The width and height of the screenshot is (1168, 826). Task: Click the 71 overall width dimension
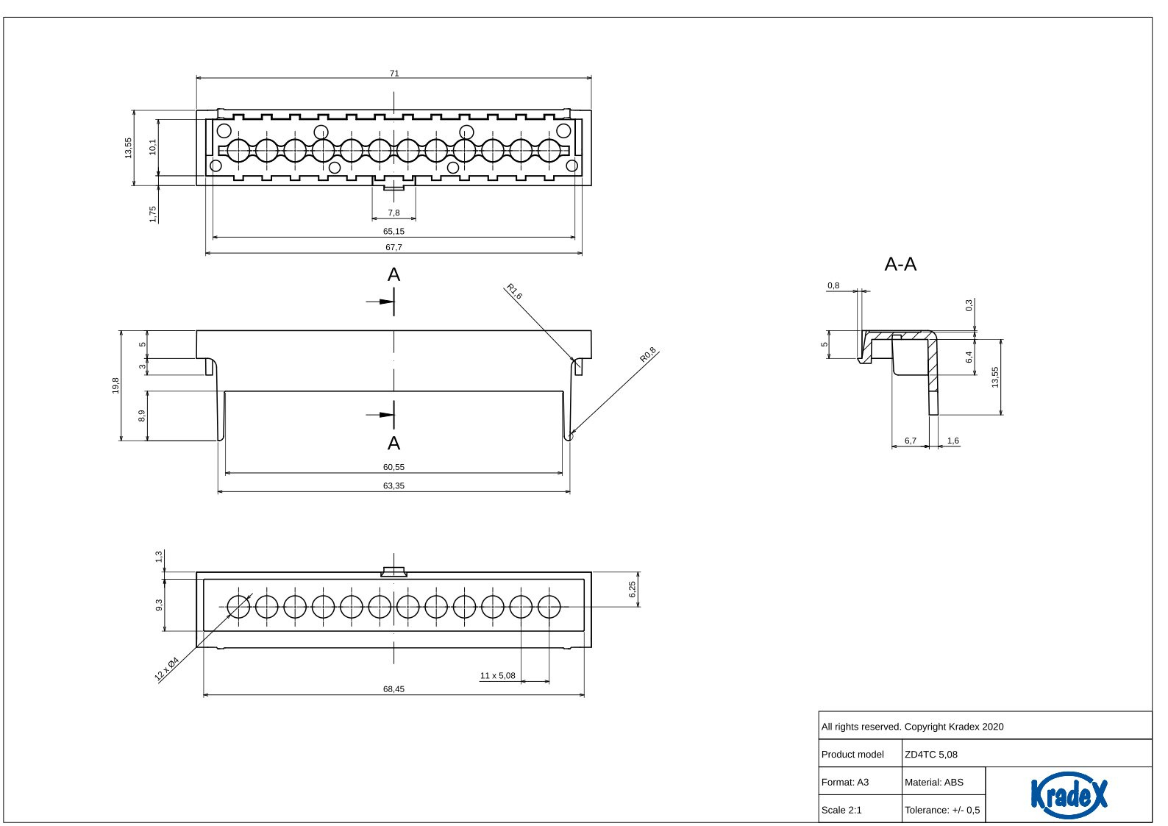tap(394, 73)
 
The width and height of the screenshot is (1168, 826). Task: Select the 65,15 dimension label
tap(394, 231)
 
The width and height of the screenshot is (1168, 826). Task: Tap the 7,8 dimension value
tap(394, 213)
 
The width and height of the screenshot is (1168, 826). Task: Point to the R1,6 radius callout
tap(513, 291)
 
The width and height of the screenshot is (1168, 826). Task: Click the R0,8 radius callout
tap(648, 355)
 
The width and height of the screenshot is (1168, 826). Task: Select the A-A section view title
tap(900, 264)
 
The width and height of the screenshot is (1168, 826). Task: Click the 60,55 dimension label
tap(394, 467)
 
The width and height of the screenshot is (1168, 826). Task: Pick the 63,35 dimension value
tap(394, 485)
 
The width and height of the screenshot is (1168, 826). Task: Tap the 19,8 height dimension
tap(115, 385)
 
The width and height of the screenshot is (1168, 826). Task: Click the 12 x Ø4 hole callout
tap(167, 669)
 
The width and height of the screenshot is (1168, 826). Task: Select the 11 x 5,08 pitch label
tap(497, 675)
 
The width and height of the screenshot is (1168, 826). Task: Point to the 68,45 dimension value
tap(394, 689)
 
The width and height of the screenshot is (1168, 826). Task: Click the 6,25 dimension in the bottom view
tap(632, 589)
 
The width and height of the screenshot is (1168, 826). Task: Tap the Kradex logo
tap(1069, 794)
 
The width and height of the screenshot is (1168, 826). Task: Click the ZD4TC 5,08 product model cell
tap(931, 754)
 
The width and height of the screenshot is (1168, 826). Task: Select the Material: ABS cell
tap(934, 782)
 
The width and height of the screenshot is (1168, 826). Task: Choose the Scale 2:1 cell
tap(841, 810)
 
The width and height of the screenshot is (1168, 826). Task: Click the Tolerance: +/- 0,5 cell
tap(942, 810)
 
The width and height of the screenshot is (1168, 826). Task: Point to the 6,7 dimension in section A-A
tap(911, 441)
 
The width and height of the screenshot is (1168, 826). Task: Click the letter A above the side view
tap(394, 274)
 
